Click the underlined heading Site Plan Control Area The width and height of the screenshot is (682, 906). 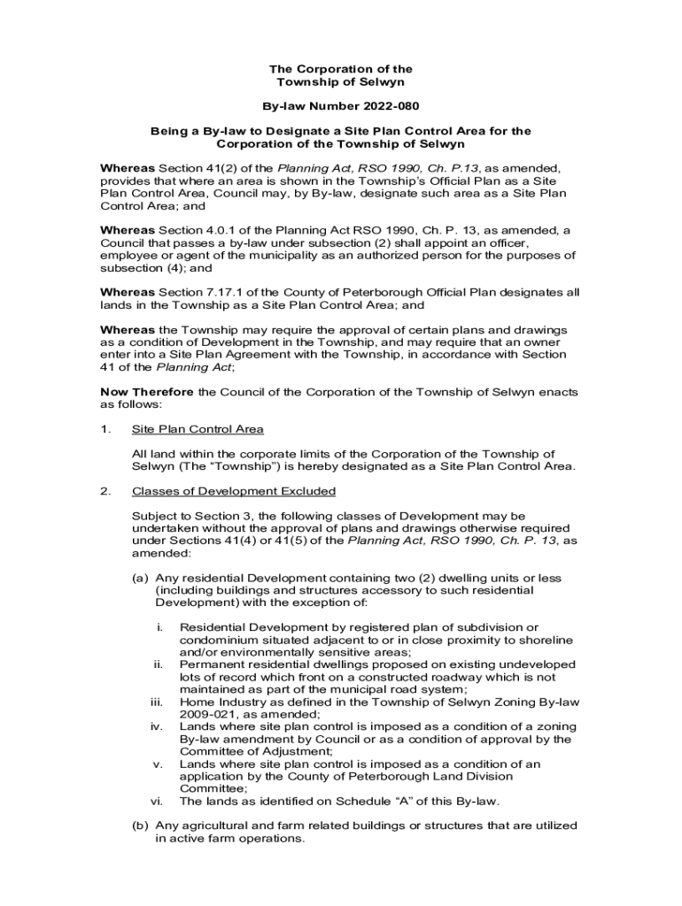point(198,429)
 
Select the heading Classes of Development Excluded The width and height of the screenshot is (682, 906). point(233,491)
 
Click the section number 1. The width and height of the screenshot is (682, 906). point(105,429)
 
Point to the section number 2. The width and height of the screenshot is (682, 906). point(105,491)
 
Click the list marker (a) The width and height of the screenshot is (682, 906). point(140,578)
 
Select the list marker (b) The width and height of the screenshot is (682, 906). point(140,825)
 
